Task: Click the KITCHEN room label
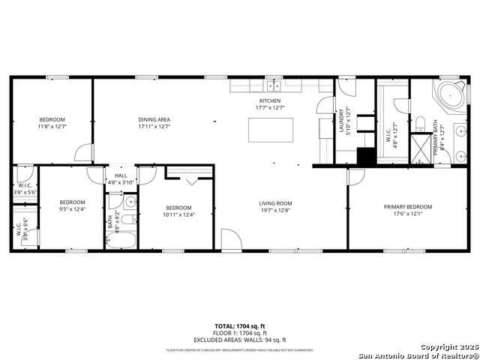coord(270,100)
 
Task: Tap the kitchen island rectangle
coord(269,130)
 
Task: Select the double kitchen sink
coord(274,84)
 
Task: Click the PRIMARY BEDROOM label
coord(407,206)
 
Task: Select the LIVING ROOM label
coord(275,203)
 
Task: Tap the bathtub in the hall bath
coord(120,240)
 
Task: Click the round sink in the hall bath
coord(131,202)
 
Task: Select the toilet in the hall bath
coord(128,219)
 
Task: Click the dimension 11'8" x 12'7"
coord(52,127)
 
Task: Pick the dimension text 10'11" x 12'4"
coord(178,215)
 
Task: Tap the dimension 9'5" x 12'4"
coord(73,209)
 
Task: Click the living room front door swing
coord(230,240)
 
